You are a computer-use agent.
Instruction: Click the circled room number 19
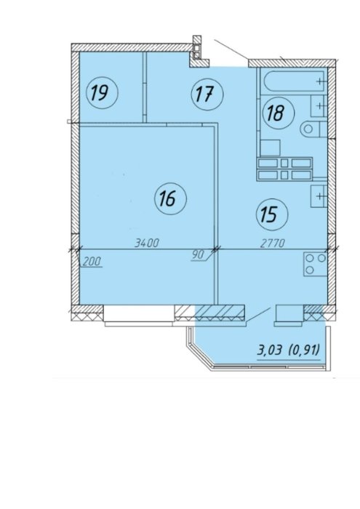pyautogui.click(x=102, y=94)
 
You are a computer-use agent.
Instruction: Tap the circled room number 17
pyautogui.click(x=207, y=95)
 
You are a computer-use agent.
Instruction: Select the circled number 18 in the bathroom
pyautogui.click(x=279, y=113)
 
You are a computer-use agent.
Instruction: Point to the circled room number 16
pyautogui.click(x=170, y=199)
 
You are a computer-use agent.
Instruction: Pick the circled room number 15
pyautogui.click(x=272, y=215)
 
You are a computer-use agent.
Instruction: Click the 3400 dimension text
pyautogui.click(x=147, y=242)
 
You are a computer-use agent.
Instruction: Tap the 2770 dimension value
pyautogui.click(x=272, y=242)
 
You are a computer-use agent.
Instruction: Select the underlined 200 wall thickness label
pyautogui.click(x=92, y=262)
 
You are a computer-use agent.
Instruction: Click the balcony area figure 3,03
pyautogui.click(x=269, y=350)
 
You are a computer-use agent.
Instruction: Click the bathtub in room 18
pyautogui.click(x=294, y=81)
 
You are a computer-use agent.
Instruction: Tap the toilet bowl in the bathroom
pyautogui.click(x=313, y=129)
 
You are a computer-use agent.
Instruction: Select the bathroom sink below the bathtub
pyautogui.click(x=319, y=106)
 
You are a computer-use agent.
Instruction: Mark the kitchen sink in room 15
pyautogui.click(x=319, y=196)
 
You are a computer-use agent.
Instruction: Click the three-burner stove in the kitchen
pyautogui.click(x=315, y=264)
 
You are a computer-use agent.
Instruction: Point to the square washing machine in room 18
pyautogui.click(x=270, y=148)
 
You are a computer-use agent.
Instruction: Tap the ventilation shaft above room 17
pyautogui.click(x=196, y=47)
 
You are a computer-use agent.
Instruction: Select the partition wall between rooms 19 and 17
pyautogui.click(x=145, y=87)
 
